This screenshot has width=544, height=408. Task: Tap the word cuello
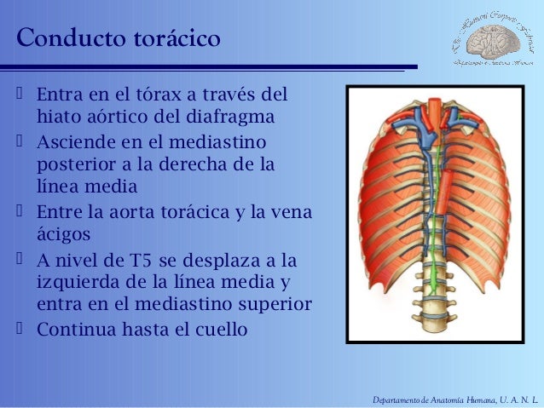point(222,327)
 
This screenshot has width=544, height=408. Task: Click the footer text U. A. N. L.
point(514,394)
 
